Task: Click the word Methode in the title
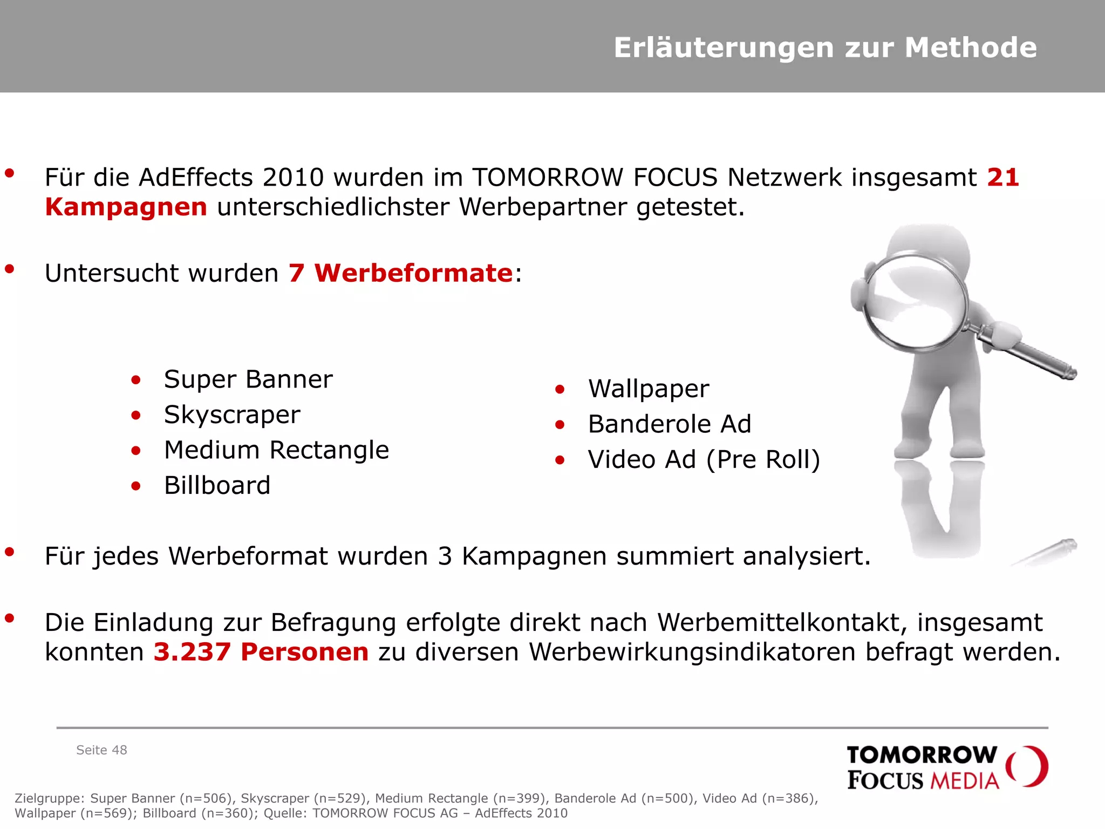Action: click(x=971, y=47)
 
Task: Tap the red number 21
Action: click(x=1002, y=178)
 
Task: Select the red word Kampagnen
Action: click(x=126, y=207)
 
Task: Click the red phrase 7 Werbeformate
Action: click(x=400, y=273)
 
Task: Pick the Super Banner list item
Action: click(x=248, y=379)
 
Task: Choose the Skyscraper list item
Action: click(x=232, y=415)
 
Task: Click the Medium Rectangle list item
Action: click(x=276, y=450)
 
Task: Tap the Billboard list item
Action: click(x=217, y=485)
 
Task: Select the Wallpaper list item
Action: click(x=649, y=389)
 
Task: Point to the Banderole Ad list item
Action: click(x=669, y=424)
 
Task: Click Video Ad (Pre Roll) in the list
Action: click(x=704, y=460)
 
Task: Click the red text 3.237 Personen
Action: click(x=261, y=652)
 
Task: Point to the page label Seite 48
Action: click(x=101, y=750)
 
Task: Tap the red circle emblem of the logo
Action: click(x=1028, y=766)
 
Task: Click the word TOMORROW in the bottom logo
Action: click(x=922, y=755)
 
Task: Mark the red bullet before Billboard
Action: click(x=136, y=486)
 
